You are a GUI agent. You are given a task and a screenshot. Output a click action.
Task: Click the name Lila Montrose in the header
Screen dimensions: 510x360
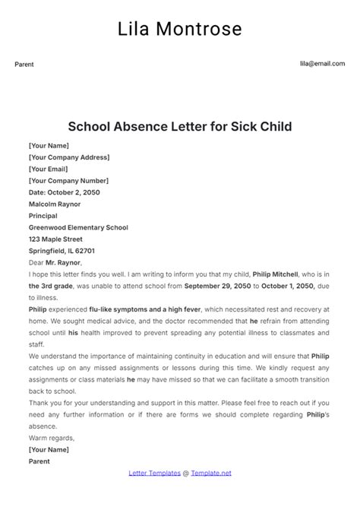(180, 29)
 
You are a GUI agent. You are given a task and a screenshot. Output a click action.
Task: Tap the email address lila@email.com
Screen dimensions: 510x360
(322, 65)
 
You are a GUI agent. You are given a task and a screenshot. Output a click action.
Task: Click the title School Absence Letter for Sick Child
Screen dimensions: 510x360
(180, 125)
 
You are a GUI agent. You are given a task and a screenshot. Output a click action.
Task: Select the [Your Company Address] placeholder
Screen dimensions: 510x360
(69, 157)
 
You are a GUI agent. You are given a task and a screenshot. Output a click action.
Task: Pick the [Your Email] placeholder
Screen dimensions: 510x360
(50, 169)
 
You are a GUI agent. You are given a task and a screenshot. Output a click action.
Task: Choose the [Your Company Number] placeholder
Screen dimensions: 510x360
(68, 181)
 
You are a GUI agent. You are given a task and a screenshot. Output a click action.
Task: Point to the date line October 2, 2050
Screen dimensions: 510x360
(64, 192)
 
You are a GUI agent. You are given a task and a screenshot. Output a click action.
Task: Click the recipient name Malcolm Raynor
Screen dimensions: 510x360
(55, 204)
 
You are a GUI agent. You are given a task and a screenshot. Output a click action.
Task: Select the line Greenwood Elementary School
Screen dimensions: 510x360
(78, 227)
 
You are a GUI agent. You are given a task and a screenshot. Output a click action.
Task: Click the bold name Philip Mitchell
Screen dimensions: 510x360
(276, 274)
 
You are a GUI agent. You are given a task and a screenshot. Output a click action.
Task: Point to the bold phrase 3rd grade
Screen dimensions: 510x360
(48, 286)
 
